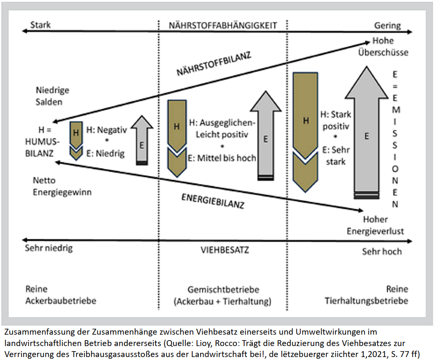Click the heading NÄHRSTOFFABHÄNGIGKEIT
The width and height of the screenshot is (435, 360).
[x=223, y=25]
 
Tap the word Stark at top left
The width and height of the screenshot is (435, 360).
[x=41, y=25]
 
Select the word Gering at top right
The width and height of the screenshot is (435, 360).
[x=387, y=25]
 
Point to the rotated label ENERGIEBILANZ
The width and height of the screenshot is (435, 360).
[x=213, y=202]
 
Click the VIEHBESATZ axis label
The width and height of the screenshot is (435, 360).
[x=225, y=250]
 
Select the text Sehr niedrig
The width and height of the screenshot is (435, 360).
[x=49, y=248]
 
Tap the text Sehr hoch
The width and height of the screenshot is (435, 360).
[x=382, y=251]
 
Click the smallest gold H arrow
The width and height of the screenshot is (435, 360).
[x=76, y=139]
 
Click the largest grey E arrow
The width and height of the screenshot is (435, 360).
[x=366, y=135]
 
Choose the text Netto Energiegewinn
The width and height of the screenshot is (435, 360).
[x=62, y=186]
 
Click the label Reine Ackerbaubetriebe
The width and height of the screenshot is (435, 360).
[x=61, y=295]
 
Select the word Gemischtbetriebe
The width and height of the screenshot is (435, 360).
[x=223, y=290]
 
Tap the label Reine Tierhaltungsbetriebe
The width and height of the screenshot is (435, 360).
[x=366, y=295]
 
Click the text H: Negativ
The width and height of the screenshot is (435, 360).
[x=106, y=130]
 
